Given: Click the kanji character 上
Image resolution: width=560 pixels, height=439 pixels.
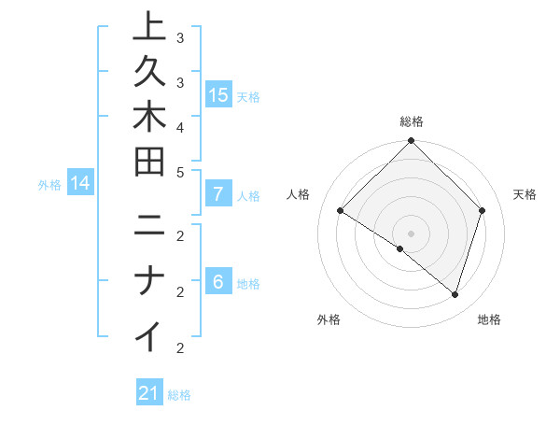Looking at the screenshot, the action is [x=148, y=28].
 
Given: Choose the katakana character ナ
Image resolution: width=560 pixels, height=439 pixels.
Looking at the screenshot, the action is [x=148, y=280].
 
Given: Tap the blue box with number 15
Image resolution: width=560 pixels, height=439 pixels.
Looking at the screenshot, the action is [x=218, y=95].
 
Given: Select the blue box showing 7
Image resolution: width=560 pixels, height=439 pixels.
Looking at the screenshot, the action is [x=218, y=195].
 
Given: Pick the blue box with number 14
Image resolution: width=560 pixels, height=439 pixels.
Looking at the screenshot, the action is [x=80, y=184].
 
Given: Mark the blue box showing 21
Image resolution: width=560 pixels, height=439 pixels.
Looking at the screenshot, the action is [x=149, y=394].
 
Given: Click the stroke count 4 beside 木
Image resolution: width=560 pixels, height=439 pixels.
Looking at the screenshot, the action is [x=180, y=127].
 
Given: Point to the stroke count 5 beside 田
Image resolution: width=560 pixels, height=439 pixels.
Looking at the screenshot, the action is [x=180, y=172].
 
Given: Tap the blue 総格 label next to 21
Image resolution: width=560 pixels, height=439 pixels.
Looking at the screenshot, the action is [x=179, y=395].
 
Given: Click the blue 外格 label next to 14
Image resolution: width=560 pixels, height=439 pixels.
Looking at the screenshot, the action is [x=49, y=185].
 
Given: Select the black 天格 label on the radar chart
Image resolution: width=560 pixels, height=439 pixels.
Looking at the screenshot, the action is [x=525, y=194].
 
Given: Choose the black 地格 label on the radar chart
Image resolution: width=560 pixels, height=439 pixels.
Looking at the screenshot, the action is [x=489, y=319].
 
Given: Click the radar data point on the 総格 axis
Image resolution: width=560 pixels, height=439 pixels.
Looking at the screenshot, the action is [x=411, y=142].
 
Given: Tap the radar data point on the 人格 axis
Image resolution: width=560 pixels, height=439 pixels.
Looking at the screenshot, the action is [x=341, y=211].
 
